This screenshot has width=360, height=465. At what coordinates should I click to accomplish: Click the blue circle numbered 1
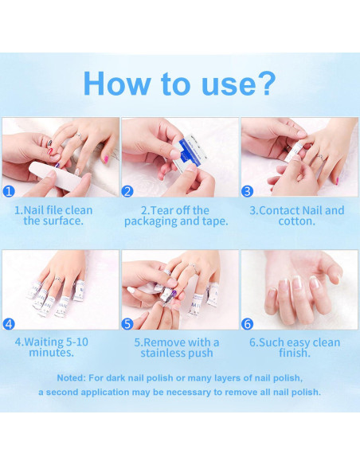[x=9, y=191]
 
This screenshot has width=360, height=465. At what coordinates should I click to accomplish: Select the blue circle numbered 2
[x=127, y=191]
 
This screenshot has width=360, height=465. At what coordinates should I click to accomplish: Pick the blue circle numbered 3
[x=247, y=191]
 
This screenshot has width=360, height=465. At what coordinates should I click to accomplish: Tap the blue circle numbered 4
[x=9, y=323]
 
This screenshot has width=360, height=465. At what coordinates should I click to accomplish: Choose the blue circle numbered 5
[x=127, y=323]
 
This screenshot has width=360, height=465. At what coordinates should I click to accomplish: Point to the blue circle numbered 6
[x=247, y=323]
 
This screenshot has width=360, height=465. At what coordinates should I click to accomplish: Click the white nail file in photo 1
[x=56, y=178]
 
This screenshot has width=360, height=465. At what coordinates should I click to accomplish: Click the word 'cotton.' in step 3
[x=296, y=221]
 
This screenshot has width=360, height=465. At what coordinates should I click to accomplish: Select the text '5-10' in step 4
[x=76, y=342]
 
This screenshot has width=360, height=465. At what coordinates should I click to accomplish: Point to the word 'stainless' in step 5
[x=163, y=353]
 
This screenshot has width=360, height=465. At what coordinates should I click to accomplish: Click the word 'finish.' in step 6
[x=295, y=353]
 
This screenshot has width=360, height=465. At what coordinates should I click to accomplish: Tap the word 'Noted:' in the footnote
[x=71, y=378]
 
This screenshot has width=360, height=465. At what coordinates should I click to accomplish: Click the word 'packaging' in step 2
[x=151, y=221]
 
